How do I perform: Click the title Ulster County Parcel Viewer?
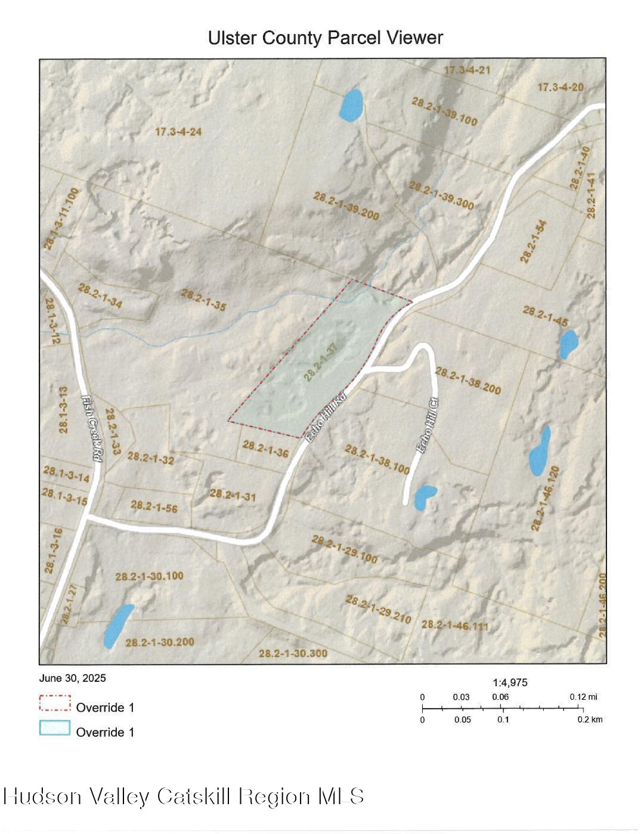325,38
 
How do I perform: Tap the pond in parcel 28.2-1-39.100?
351,106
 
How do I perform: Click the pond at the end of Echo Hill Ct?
425,498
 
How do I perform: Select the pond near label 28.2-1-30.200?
118,625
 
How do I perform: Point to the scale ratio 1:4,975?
510,682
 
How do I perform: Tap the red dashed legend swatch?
55,703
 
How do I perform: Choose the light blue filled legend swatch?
55,728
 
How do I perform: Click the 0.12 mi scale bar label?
583,697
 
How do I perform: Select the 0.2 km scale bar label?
590,719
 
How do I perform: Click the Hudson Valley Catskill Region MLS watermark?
184,796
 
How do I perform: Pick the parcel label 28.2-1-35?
203,300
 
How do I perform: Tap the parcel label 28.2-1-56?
154,506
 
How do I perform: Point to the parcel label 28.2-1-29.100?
344,549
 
